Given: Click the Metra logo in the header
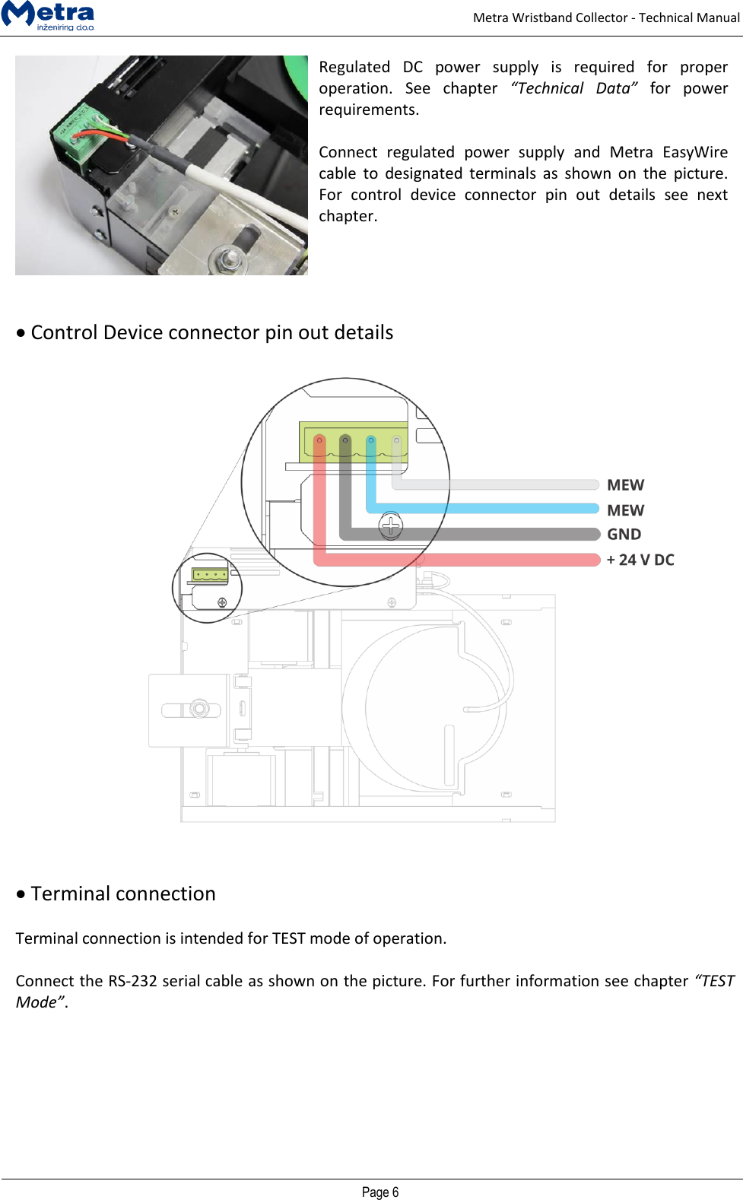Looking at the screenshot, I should (x=48, y=16).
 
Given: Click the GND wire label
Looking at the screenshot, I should (x=624, y=535).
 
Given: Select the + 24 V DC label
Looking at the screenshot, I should (x=640, y=560).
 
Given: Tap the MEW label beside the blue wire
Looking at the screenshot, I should (x=625, y=510).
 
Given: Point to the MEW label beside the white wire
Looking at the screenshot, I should (x=625, y=485).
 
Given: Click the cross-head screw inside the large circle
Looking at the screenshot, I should (x=390, y=525).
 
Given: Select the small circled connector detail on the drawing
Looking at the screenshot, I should (x=207, y=588).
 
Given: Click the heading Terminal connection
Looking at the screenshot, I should (x=123, y=894).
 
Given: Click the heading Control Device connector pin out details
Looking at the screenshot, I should (x=211, y=332).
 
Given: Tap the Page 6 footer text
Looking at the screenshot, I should (x=379, y=1192).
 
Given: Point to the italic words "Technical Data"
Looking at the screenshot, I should (x=573, y=88).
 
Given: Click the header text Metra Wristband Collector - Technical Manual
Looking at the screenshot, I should (x=605, y=17).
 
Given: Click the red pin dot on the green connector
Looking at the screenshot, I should (x=319, y=440).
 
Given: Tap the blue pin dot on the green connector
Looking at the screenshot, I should (x=370, y=440).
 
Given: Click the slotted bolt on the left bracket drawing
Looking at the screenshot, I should (x=199, y=709).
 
